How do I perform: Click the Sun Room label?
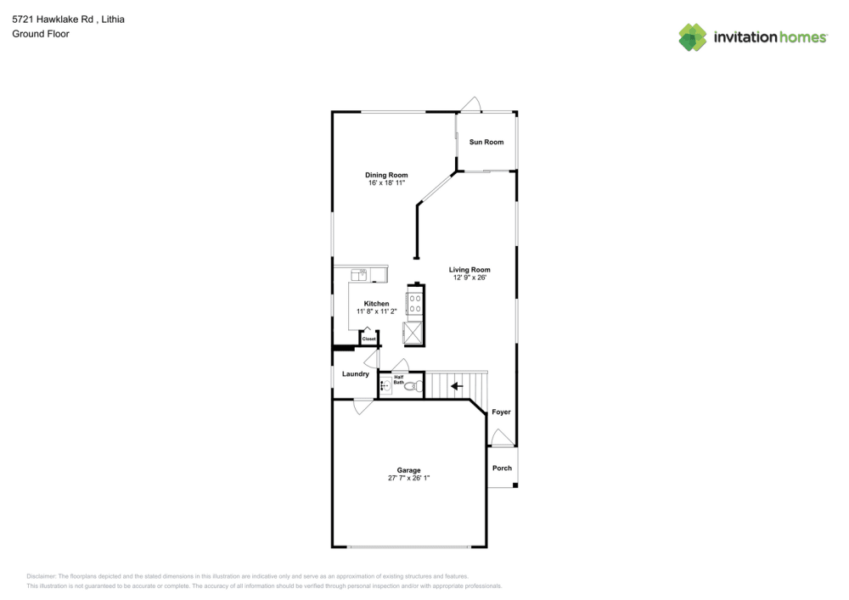(486, 142)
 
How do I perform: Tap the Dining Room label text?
(386, 175)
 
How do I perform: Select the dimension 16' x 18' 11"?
(386, 182)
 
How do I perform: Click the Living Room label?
(469, 270)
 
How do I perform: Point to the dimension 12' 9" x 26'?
(469, 278)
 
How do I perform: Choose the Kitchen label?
(376, 304)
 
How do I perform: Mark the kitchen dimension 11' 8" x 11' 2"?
(376, 311)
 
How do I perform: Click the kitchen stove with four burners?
(415, 303)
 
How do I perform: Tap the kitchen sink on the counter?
(360, 273)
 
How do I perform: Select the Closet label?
(368, 339)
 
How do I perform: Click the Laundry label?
(355, 374)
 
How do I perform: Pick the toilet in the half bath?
(412, 387)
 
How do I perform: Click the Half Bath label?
(398, 380)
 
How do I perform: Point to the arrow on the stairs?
(457, 387)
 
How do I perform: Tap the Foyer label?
(501, 412)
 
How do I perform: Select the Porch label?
(502, 468)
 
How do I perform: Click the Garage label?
(408, 470)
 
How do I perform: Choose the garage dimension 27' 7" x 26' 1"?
(408, 478)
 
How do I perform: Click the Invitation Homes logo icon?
(692, 36)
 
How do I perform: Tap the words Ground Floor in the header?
(40, 34)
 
